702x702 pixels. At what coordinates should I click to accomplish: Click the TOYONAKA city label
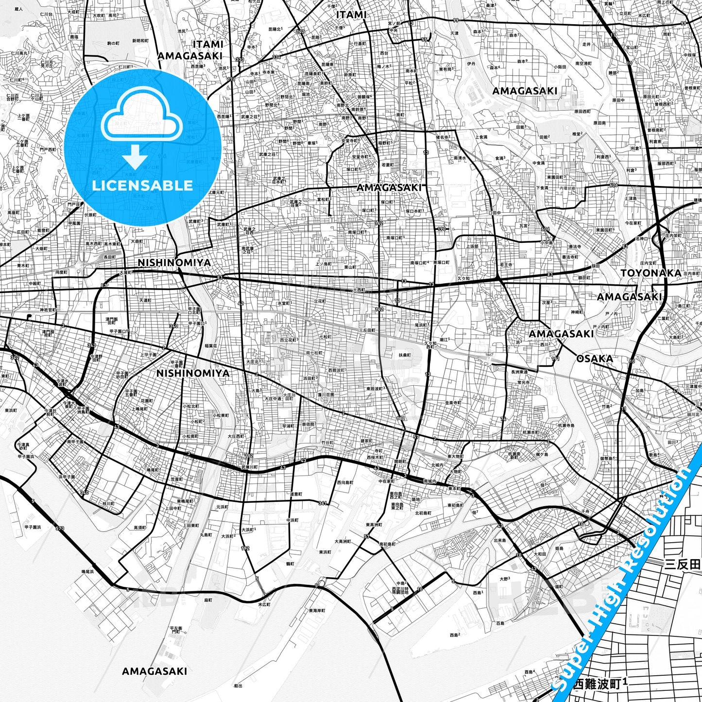pyautogui.click(x=651, y=273)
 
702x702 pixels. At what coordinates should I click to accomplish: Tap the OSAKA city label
pyautogui.click(x=595, y=359)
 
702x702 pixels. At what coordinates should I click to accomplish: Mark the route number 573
pyautogui.click(x=60, y=528)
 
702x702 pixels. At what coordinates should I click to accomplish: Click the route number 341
pyautogui.click(x=322, y=503)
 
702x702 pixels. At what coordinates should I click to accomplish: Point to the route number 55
pyautogui.click(x=425, y=40)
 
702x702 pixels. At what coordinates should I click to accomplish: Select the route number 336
pyautogui.click(x=276, y=57)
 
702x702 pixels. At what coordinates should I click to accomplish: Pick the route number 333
pyautogui.click(x=240, y=60)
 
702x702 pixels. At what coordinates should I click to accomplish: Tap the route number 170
pyautogui.click(x=441, y=229)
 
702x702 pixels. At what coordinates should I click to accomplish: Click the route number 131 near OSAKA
pyautogui.click(x=556, y=360)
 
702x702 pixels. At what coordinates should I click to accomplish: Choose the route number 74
pyautogui.click(x=503, y=419)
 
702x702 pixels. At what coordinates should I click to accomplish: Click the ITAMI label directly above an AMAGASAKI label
pyautogui.click(x=207, y=44)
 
